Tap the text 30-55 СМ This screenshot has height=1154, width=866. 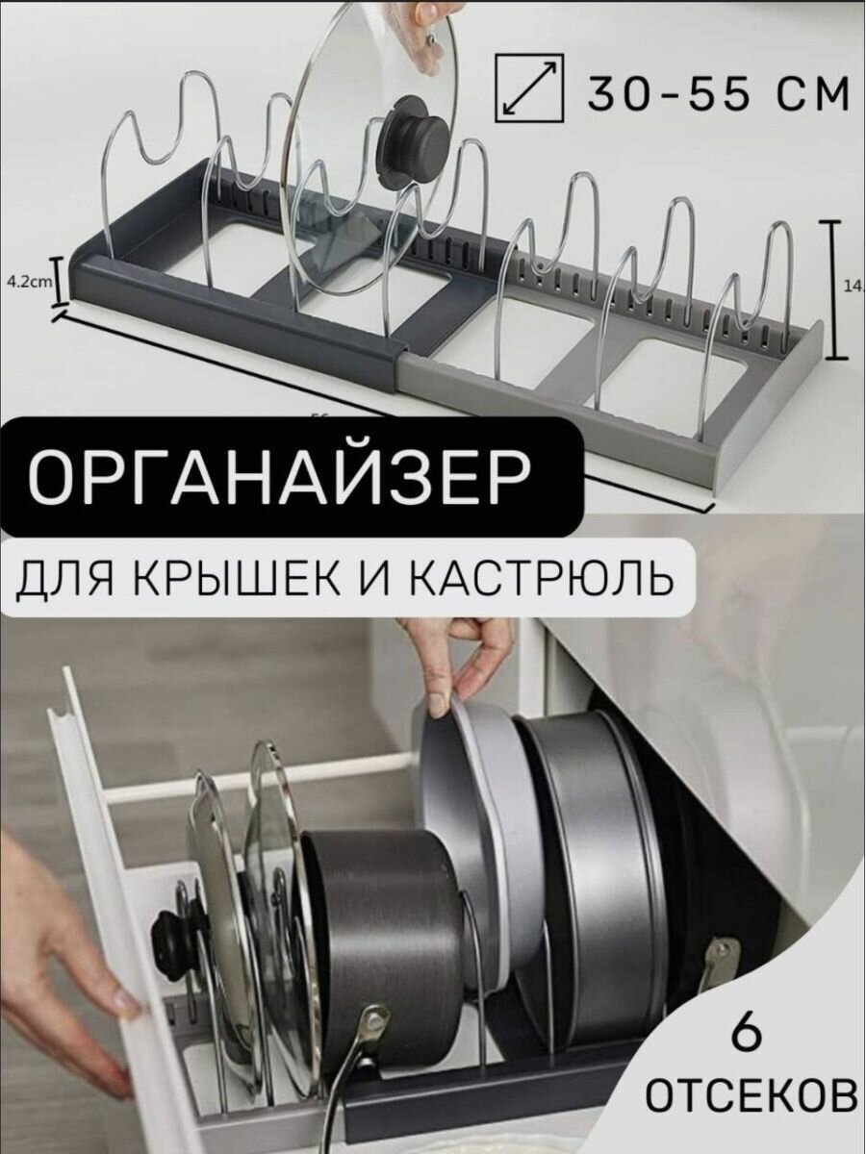pyautogui.click(x=717, y=93)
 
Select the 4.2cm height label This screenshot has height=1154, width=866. pyautogui.click(x=27, y=282)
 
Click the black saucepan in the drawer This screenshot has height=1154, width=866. pyautogui.click(x=380, y=923)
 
